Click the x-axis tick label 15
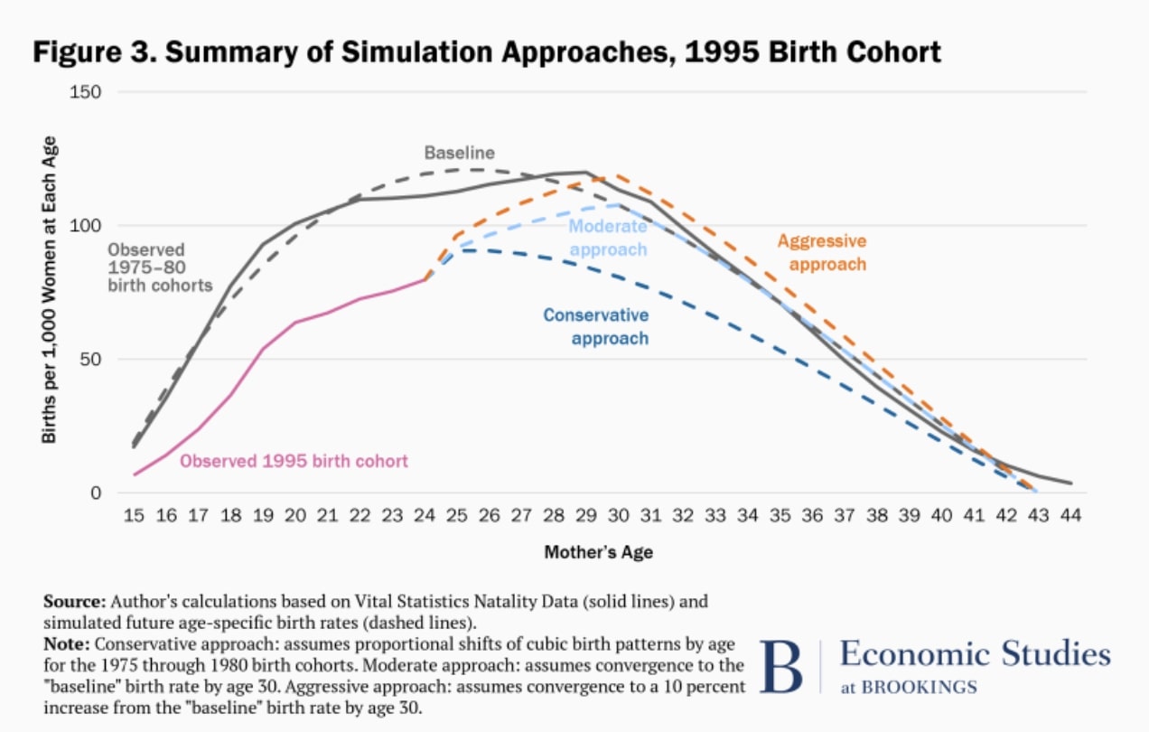point(134,515)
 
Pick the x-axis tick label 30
point(618,515)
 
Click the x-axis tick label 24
point(425,515)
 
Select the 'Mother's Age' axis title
point(598,552)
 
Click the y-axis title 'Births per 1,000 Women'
point(50,289)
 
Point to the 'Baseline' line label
point(461,154)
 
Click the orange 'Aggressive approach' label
point(821,253)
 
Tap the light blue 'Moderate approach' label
point(608,238)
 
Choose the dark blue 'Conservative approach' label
point(595,326)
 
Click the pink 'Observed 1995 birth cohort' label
point(294,461)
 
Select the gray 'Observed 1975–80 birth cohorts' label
point(159,267)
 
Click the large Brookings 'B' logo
point(780,668)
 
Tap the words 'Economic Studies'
point(975,653)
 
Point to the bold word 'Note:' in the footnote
point(67,644)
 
